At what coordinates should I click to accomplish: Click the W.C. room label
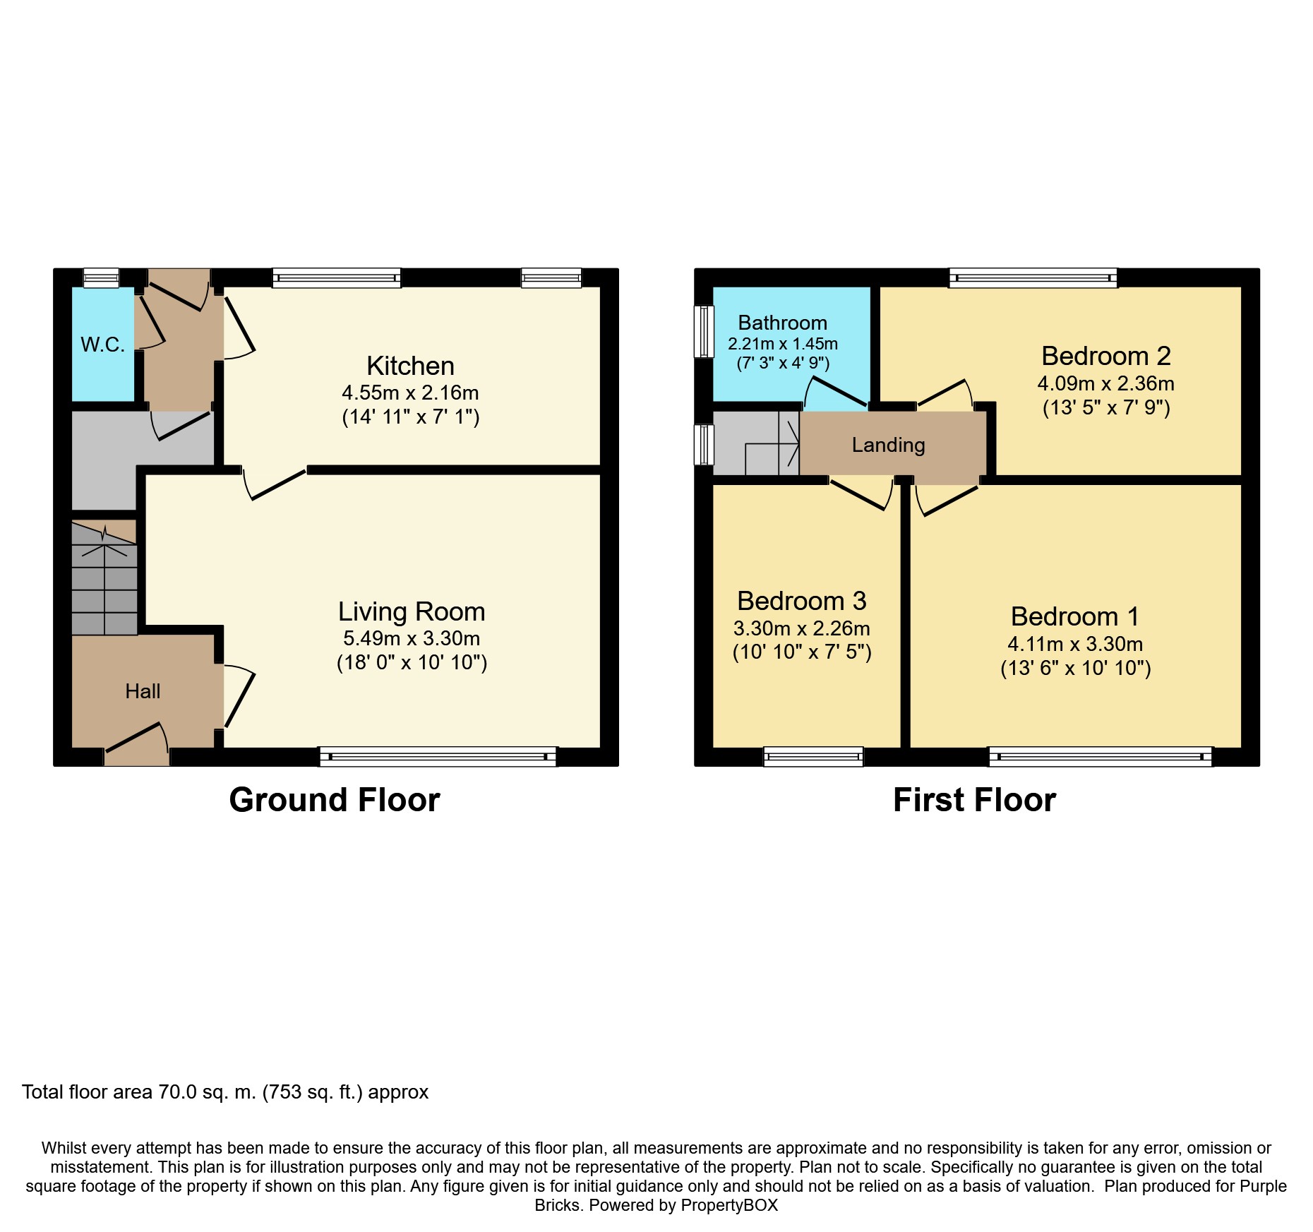pyautogui.click(x=102, y=345)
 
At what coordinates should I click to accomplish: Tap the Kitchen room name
pyautogui.click(x=410, y=366)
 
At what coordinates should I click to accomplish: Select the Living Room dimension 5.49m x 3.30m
pyautogui.click(x=412, y=638)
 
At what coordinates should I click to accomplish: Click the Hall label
pyautogui.click(x=143, y=691)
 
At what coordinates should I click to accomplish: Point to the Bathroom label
pyautogui.click(x=782, y=323)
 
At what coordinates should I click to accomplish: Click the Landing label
pyautogui.click(x=888, y=445)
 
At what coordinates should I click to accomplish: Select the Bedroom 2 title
pyautogui.click(x=1106, y=356)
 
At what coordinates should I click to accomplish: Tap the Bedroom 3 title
pyautogui.click(x=801, y=601)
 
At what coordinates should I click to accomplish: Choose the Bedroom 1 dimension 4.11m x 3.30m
pyautogui.click(x=1075, y=644)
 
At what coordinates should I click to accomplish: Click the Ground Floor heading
pyautogui.click(x=335, y=800)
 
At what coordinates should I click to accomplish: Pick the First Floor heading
pyautogui.click(x=974, y=800)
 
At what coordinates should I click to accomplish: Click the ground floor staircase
pyautogui.click(x=104, y=578)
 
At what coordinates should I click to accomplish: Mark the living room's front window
pyautogui.click(x=438, y=757)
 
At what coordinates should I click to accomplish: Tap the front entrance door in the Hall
pyautogui.click(x=136, y=745)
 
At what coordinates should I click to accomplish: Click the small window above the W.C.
pyautogui.click(x=101, y=277)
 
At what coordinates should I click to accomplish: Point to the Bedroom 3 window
pyautogui.click(x=813, y=757)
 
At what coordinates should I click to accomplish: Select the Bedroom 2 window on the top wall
pyautogui.click(x=1033, y=277)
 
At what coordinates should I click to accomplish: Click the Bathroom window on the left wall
pyautogui.click(x=704, y=331)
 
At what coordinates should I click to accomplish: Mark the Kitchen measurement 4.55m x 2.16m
pyautogui.click(x=410, y=393)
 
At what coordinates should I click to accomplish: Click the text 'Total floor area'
pyautogui.click(x=88, y=1092)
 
